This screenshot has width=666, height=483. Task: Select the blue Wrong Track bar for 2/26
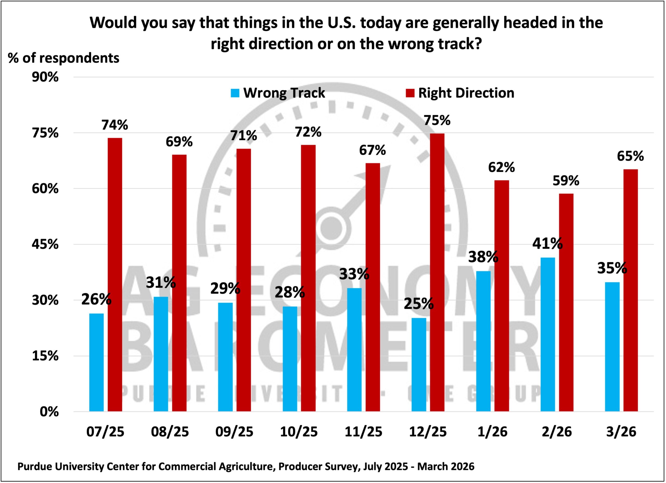pos(548,335)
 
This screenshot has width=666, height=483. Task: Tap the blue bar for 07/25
pos(96,362)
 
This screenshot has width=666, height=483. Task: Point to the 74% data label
pos(115,125)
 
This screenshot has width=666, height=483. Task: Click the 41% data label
pos(547,243)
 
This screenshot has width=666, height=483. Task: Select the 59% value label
pos(566,181)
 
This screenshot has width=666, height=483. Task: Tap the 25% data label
pos(418,304)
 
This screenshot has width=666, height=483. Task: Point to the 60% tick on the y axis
pos(45,189)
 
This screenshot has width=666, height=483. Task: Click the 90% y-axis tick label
pos(45,77)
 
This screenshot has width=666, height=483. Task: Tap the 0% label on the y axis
pos(49,412)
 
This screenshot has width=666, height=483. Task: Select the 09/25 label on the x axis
pos(234,432)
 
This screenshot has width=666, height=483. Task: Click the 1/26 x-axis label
pos(492,432)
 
